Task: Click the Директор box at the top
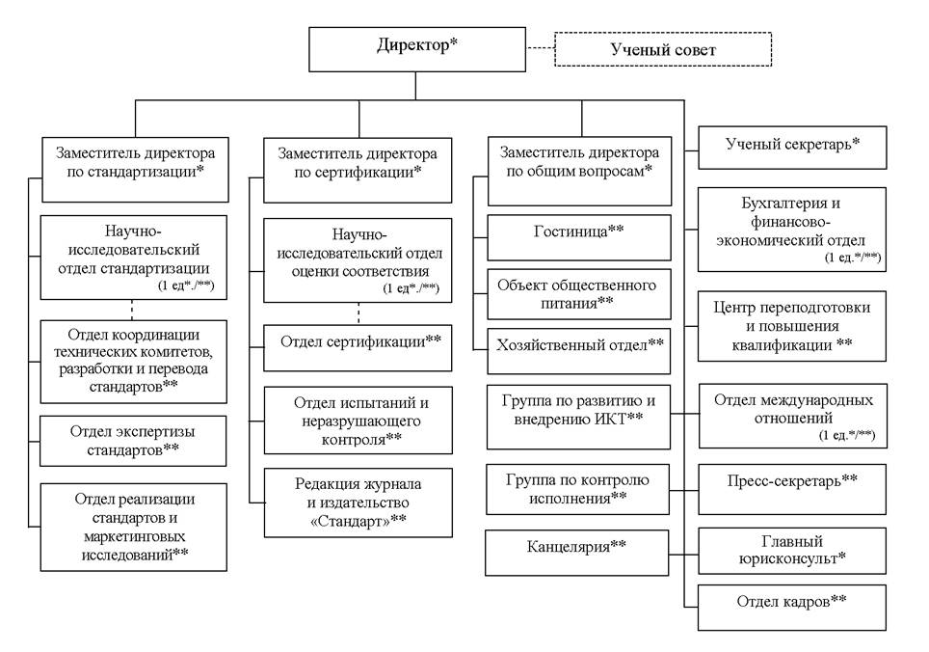click(417, 49)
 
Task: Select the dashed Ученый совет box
click(663, 49)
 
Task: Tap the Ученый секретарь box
click(793, 148)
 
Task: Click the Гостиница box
click(579, 237)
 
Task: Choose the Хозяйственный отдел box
click(579, 351)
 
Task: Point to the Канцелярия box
click(576, 553)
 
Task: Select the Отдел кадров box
click(792, 608)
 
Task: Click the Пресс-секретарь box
click(793, 489)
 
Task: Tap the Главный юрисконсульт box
click(793, 551)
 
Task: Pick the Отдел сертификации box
click(358, 347)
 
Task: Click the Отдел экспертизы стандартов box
click(133, 441)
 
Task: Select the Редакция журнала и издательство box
click(358, 503)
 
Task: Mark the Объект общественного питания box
click(579, 294)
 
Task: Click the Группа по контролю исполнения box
click(577, 489)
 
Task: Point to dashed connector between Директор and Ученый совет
click(541, 48)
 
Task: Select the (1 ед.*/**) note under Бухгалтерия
click(853, 258)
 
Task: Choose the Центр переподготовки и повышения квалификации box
click(792, 326)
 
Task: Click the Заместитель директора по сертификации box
click(358, 171)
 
